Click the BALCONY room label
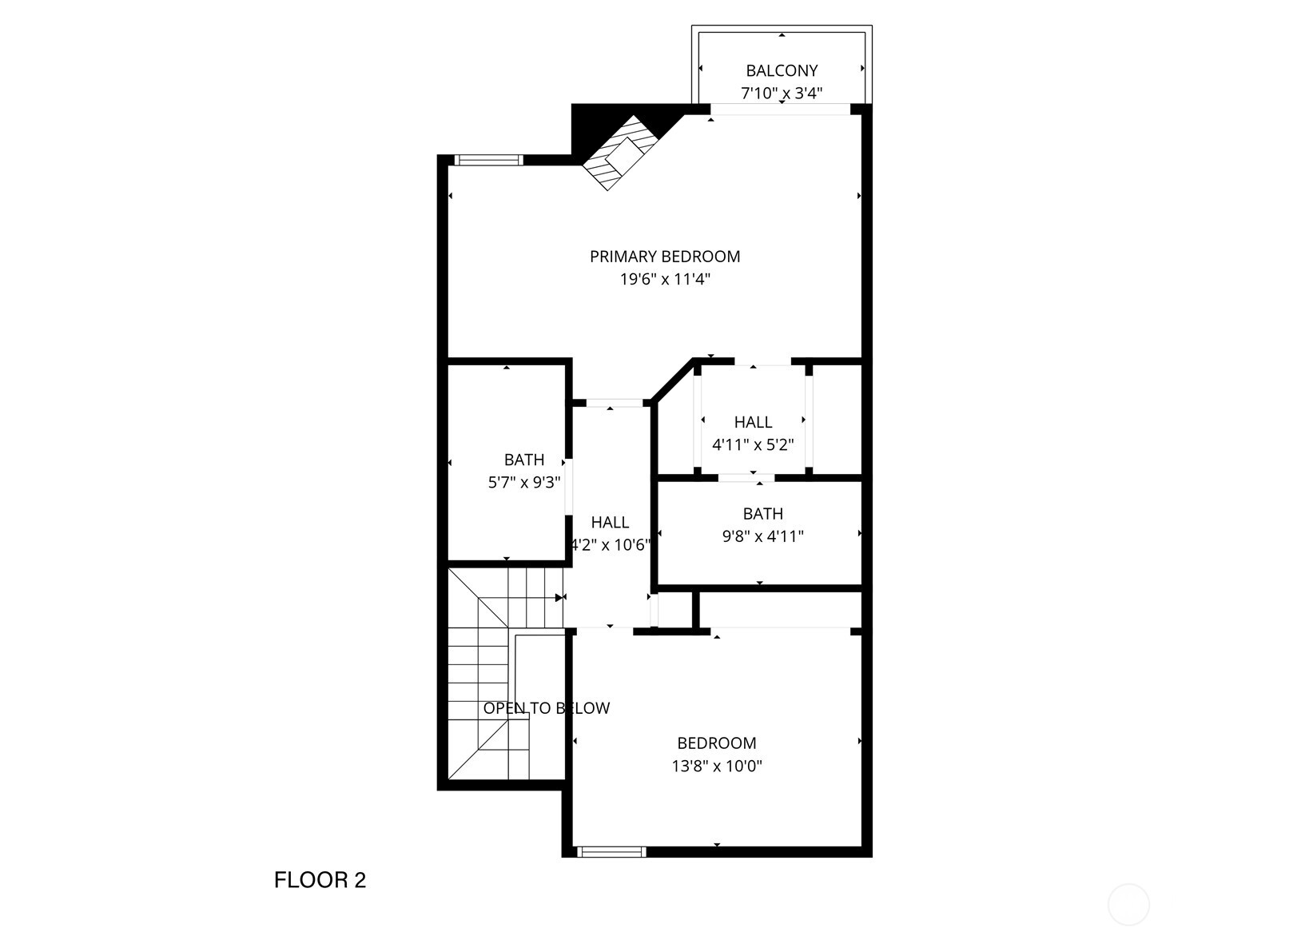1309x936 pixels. coord(782,70)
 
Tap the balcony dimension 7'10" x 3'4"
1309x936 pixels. coord(782,94)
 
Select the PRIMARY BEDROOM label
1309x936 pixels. coord(665,257)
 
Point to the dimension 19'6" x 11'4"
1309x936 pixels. coord(665,280)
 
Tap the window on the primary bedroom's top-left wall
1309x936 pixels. coord(488,160)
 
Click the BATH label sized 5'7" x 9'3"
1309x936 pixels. coord(524,460)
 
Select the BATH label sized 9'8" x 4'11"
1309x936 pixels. coord(762,514)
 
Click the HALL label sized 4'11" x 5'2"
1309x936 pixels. coord(753,422)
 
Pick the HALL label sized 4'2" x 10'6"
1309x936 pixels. coord(610,523)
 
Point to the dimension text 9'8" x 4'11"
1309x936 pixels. coord(762,536)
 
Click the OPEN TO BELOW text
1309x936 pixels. coord(546,708)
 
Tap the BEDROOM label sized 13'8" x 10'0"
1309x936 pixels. coord(717,743)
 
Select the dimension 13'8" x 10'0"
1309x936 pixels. coord(717,767)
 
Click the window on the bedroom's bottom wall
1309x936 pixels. coord(611,852)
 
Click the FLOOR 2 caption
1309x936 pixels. coord(320,880)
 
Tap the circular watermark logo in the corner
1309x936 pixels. coord(1128,904)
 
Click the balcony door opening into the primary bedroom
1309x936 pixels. coord(780,110)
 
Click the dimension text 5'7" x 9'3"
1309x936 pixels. coord(524,483)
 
